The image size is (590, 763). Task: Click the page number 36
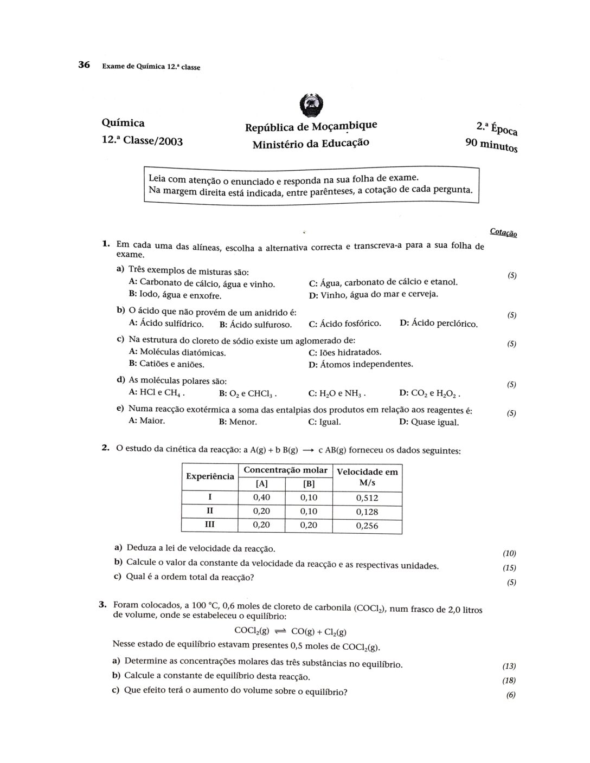[x=84, y=65]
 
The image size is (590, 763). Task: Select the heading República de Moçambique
[x=311, y=127]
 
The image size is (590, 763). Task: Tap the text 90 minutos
[x=491, y=145]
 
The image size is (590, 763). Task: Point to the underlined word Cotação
[x=503, y=233]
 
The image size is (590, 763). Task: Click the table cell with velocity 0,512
[x=367, y=498]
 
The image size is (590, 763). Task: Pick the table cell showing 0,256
[x=367, y=526]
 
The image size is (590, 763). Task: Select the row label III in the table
[x=209, y=525]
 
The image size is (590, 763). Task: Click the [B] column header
[x=309, y=484]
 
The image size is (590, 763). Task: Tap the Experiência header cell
[x=210, y=476]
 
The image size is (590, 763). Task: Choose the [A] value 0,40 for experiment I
[x=261, y=497]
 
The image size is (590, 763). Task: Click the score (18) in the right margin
[x=509, y=681]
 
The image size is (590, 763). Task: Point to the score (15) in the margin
[x=509, y=568]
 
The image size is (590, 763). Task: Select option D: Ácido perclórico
[x=439, y=324]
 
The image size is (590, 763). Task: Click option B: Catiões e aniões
[x=166, y=364]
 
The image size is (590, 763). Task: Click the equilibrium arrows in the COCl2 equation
[x=280, y=631]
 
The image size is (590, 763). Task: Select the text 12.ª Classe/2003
[x=142, y=141]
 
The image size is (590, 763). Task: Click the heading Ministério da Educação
[x=310, y=144]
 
